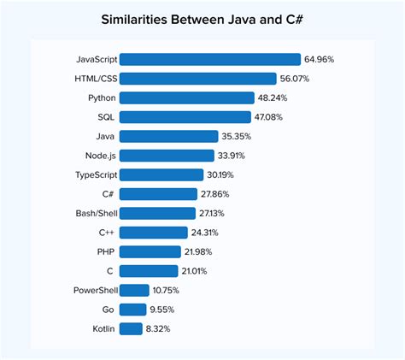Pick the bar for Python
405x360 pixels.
[x=187, y=97]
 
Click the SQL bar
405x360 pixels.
[x=185, y=116]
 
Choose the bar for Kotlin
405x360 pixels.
[x=131, y=328]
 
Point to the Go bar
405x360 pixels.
[x=132, y=309]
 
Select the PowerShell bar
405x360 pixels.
[x=134, y=290]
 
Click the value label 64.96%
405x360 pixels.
[x=319, y=59]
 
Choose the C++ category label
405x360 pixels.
[x=107, y=233]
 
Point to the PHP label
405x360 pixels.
[x=106, y=251]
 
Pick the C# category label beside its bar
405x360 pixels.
[x=109, y=194]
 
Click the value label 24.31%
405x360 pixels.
[x=206, y=233]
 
